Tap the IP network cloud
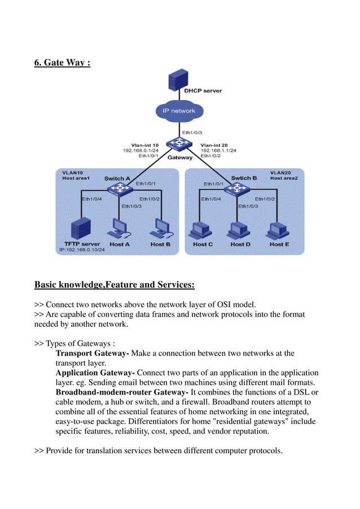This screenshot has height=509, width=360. pyautogui.click(x=178, y=111)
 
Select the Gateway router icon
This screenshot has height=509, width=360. pyautogui.click(x=179, y=144)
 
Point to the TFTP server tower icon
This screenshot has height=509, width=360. pyautogui.click(x=81, y=229)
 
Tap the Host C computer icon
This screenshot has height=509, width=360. pyautogui.click(x=201, y=230)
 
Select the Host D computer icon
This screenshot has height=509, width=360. pyautogui.click(x=238, y=230)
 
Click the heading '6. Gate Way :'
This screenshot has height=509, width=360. pyautogui.click(x=62, y=62)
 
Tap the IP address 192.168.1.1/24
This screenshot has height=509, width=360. pyautogui.click(x=218, y=151)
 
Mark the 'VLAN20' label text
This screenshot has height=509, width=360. pyautogui.click(x=281, y=172)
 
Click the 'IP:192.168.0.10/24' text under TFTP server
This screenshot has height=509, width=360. pyautogui.click(x=82, y=249)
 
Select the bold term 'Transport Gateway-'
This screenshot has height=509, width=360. pyautogui.click(x=93, y=353)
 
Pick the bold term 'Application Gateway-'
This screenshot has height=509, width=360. pyautogui.click(x=95, y=373)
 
